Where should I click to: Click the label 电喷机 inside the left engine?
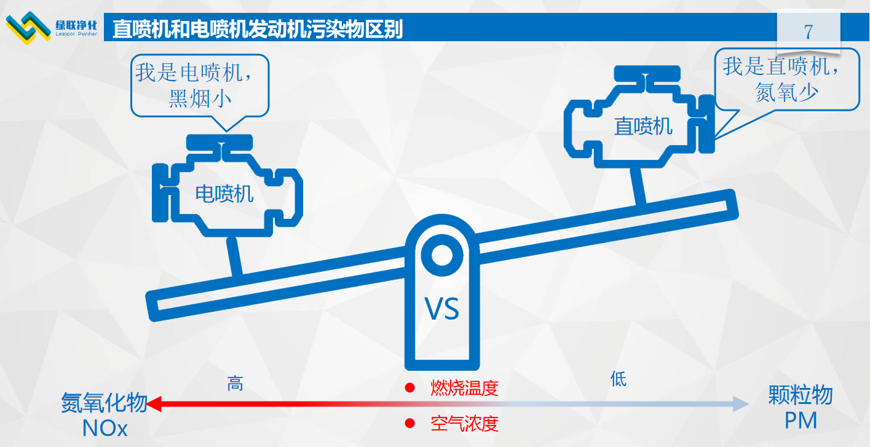pos(224,194)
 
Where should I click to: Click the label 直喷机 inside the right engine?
pos(643,127)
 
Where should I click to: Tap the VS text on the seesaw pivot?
pos(442,309)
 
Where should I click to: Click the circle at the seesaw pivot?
pos(441,254)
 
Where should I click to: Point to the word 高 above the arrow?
pos(235,384)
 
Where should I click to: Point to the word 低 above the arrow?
pos(618,378)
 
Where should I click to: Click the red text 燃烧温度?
pos(464,388)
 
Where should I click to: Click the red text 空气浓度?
pos(464,423)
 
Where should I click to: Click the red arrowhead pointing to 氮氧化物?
pos(154,404)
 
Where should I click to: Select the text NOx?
pos(105,429)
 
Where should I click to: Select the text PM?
pos(801,421)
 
